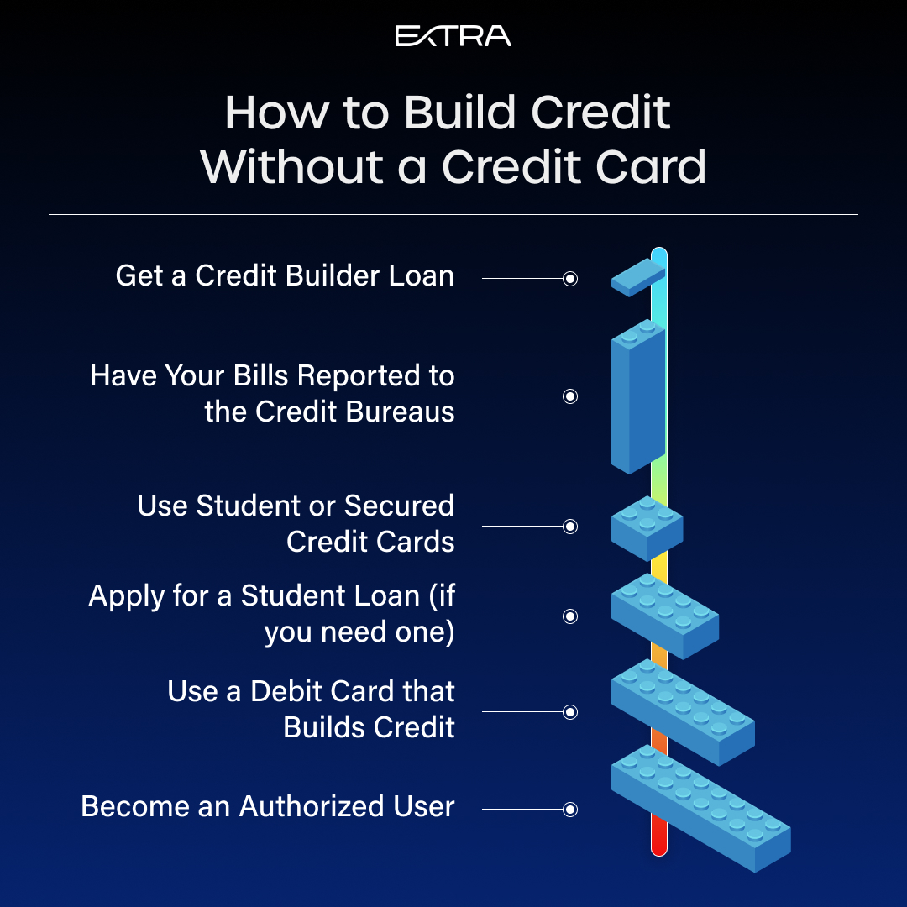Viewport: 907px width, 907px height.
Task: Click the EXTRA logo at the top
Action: coord(453,36)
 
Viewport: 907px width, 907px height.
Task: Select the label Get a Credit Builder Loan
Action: coord(285,275)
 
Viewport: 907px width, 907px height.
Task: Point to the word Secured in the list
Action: coord(399,506)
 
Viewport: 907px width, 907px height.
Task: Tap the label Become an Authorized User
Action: coord(267,806)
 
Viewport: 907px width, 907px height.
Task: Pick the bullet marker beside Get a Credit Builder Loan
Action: coord(570,279)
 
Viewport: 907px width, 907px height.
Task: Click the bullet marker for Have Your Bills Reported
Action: coord(570,396)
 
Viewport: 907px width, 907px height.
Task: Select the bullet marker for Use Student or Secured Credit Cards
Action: coord(570,527)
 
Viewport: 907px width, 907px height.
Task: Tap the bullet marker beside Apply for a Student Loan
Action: coord(570,616)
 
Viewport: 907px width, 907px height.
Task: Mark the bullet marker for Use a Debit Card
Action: coord(570,712)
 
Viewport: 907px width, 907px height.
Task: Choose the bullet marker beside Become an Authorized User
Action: coord(570,810)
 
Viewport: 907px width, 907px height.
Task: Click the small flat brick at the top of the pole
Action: coord(638,278)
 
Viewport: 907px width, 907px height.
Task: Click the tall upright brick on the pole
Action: coord(638,396)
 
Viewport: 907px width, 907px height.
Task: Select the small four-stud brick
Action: coord(647,528)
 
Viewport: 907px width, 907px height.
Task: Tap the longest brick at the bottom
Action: coord(701,808)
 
